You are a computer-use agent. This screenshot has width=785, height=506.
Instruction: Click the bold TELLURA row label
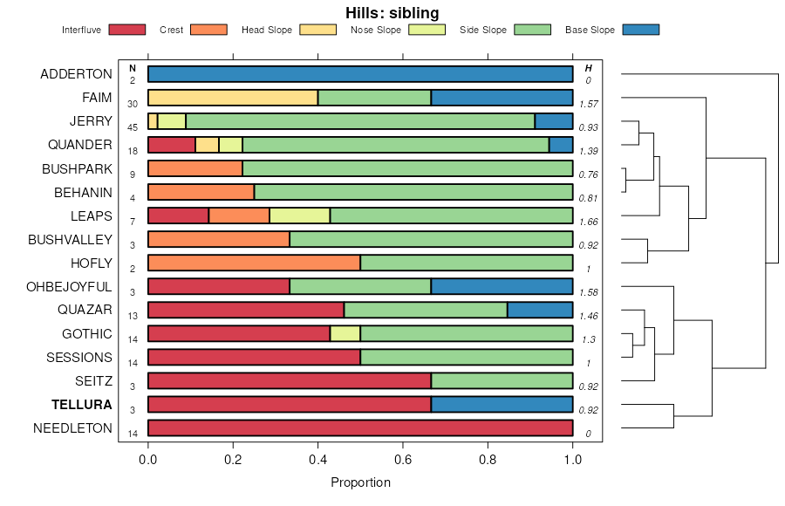[82, 405]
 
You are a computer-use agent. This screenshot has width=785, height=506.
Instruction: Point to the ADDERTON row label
[76, 74]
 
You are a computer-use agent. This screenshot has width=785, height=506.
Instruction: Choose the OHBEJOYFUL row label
[69, 286]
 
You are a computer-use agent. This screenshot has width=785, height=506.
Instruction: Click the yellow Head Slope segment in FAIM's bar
[233, 98]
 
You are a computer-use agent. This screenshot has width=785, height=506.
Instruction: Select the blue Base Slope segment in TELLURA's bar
[502, 404]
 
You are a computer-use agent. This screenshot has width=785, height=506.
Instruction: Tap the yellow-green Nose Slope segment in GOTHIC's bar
[345, 333]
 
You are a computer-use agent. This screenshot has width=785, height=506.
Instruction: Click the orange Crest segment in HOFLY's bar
[254, 263]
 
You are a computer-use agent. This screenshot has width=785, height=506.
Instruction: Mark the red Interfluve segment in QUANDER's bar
[172, 145]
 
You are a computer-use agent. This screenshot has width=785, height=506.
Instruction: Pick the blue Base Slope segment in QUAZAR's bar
[540, 310]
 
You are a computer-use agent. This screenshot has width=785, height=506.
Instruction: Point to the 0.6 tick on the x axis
[403, 447]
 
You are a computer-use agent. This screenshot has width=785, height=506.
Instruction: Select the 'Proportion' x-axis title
[360, 482]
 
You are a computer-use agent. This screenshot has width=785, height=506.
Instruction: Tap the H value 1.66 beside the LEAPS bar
[588, 222]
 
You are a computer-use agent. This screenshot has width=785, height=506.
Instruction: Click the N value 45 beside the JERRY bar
[133, 127]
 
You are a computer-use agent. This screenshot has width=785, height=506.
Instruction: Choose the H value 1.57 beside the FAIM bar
[588, 104]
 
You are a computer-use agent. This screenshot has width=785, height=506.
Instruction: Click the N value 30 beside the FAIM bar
[133, 104]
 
